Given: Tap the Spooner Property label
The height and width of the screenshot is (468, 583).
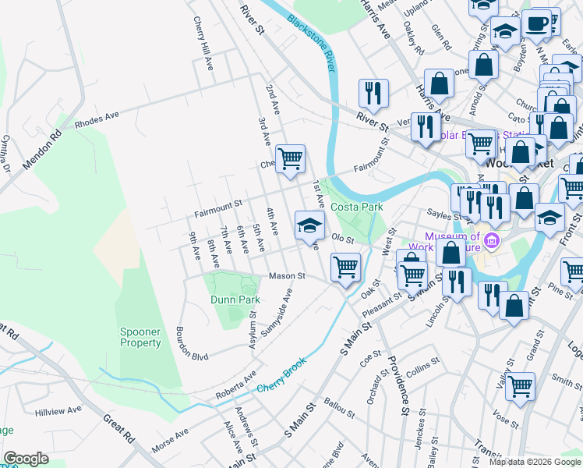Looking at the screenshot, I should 140,337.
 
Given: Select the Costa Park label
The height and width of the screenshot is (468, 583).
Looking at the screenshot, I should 356,207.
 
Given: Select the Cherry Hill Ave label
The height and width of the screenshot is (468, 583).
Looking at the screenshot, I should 203,44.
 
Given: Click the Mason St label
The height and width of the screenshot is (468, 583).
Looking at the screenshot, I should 286,275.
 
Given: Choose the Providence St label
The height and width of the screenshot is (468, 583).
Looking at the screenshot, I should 397,386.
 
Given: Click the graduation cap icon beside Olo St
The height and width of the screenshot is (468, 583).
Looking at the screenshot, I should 309,225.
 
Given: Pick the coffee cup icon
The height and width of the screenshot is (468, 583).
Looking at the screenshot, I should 536,23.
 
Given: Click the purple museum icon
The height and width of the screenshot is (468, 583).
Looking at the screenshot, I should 491,238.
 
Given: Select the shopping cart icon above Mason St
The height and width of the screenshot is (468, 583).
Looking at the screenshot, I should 344,267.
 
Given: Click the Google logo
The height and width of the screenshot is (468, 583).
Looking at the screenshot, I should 26,459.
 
